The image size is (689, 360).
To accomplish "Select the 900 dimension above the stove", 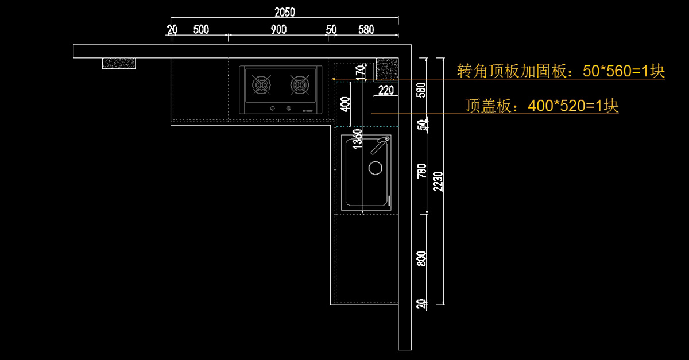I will click(x=278, y=30).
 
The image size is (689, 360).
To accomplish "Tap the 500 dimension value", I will click(x=201, y=30).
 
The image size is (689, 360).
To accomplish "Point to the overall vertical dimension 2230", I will click(x=439, y=180).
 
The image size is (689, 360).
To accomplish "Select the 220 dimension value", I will click(x=386, y=90).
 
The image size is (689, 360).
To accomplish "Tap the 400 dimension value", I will click(x=345, y=105).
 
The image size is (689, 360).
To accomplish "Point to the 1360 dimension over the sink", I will click(x=357, y=140).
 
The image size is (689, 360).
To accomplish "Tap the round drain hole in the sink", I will click(x=375, y=168).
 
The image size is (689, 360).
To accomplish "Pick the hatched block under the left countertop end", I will click(x=119, y=63).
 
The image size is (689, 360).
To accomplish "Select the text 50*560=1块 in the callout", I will click(x=624, y=72).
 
